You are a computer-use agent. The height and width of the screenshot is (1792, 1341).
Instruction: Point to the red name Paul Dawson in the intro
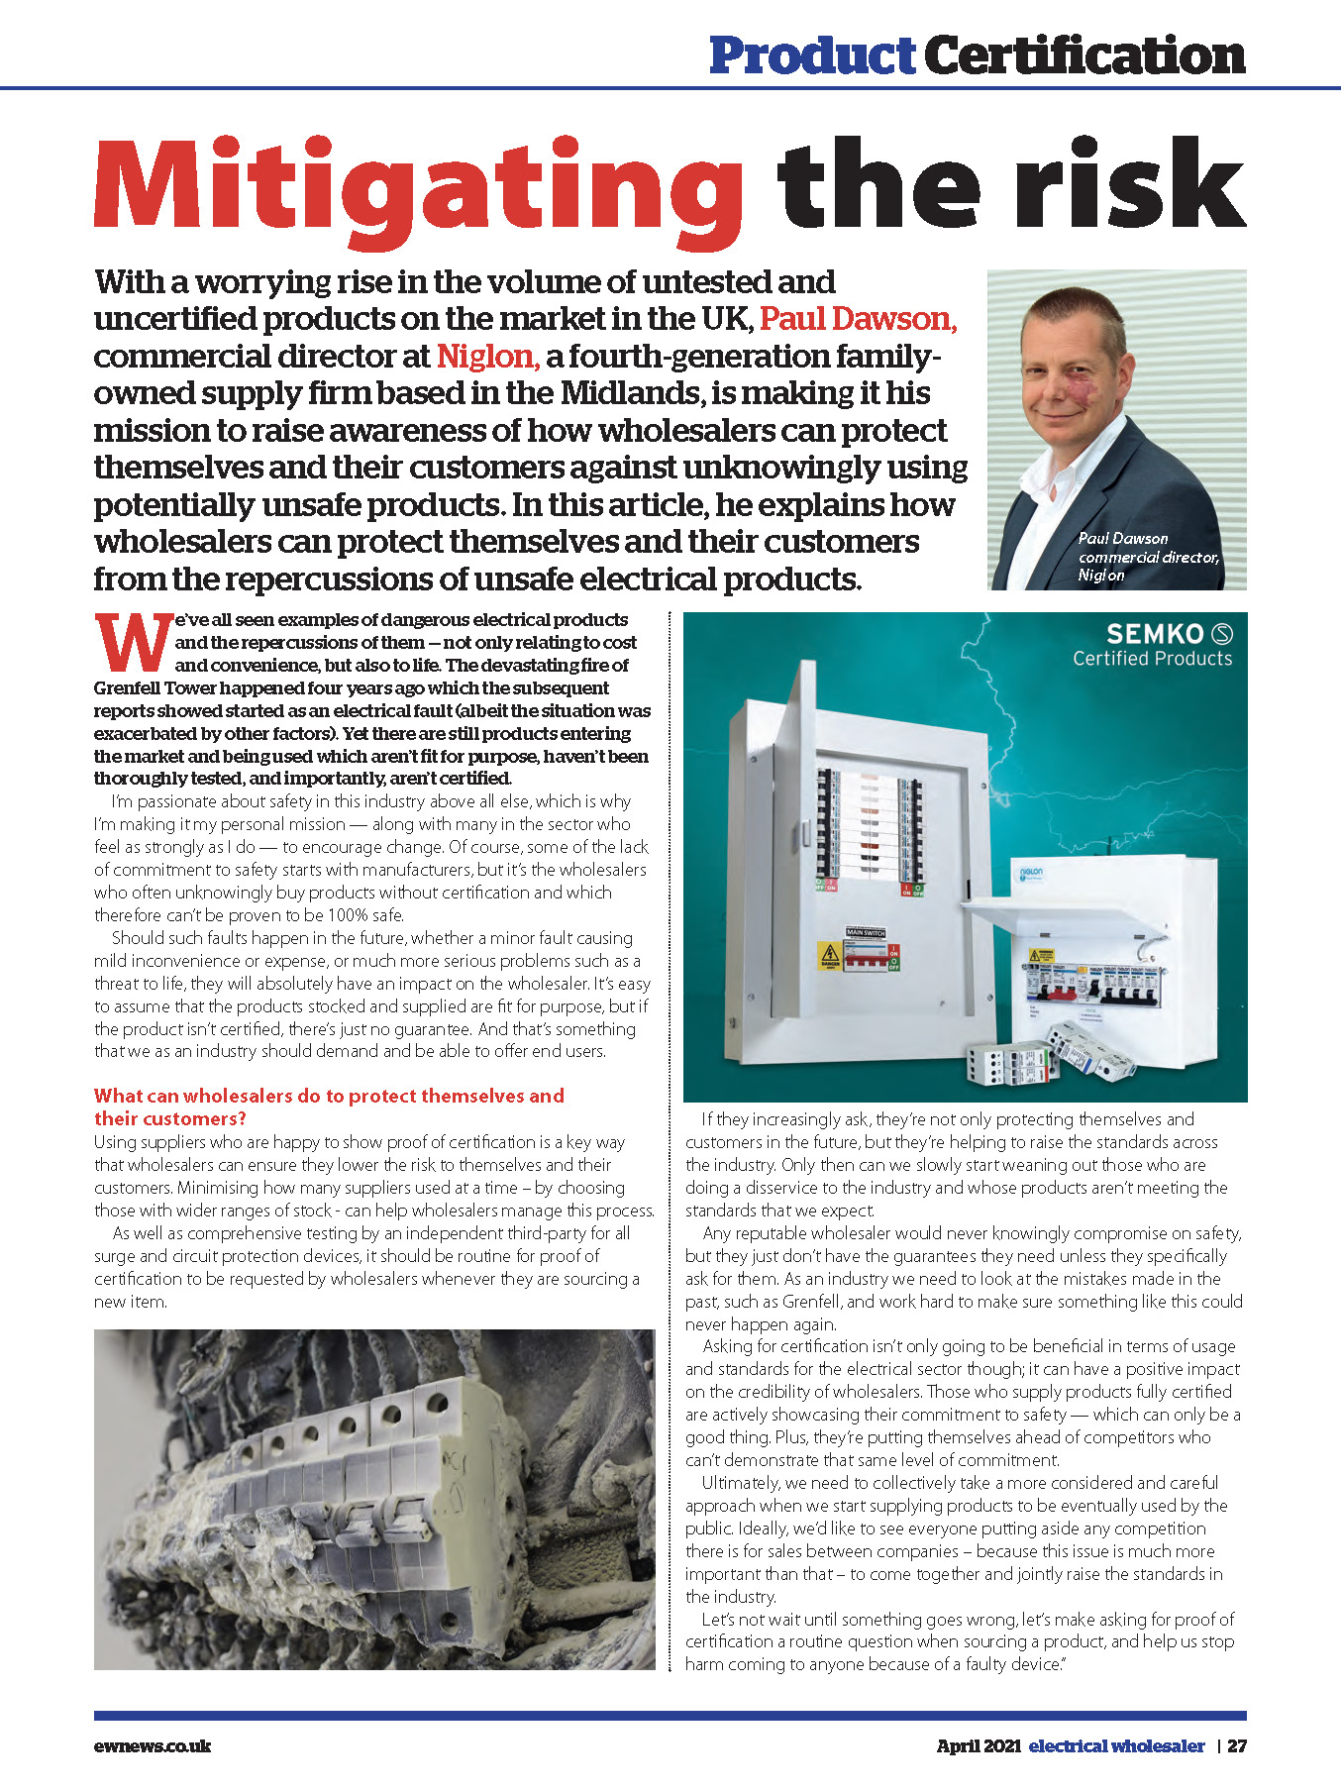click(858, 319)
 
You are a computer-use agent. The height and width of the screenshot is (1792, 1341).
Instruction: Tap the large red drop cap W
click(133, 643)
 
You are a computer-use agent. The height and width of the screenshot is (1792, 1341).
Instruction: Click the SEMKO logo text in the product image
click(1155, 634)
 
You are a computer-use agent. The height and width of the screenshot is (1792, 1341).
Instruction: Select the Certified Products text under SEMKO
click(1153, 659)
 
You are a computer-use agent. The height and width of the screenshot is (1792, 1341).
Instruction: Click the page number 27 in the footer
click(1237, 1745)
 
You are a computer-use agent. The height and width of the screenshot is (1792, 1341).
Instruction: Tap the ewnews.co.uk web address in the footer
click(153, 1745)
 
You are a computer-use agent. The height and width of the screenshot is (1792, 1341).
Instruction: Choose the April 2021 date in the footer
click(979, 1745)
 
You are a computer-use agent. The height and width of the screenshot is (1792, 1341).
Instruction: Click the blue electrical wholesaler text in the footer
click(1116, 1745)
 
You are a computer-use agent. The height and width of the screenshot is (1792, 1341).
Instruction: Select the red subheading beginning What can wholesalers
click(329, 1107)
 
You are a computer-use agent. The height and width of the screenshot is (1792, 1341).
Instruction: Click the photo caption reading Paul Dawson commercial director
click(1147, 556)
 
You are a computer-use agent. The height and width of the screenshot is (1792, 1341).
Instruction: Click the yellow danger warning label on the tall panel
click(829, 955)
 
